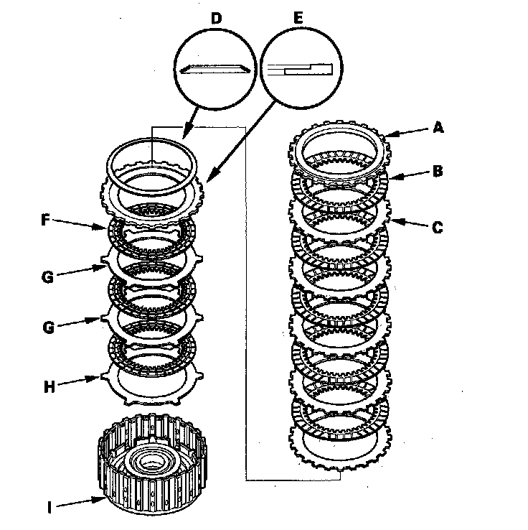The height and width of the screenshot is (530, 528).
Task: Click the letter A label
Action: tap(438, 128)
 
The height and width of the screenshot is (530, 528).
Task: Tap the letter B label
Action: tap(438, 171)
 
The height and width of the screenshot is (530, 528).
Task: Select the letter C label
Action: tap(438, 227)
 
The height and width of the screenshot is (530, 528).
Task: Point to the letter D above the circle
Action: tap(217, 18)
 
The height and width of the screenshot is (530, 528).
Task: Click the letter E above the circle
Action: tap(298, 17)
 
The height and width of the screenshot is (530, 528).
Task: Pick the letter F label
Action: tap(46, 220)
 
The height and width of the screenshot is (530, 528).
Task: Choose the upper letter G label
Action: tap(47, 276)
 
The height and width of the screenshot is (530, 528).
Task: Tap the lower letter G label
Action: tap(49, 327)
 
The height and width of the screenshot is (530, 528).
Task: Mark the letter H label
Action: tap(49, 386)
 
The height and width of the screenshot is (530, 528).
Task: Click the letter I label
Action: tap(49, 507)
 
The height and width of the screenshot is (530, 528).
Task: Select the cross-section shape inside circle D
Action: tap(215, 69)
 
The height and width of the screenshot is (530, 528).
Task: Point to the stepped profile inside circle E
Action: tap(301, 69)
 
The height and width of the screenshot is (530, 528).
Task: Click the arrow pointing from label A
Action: tap(407, 132)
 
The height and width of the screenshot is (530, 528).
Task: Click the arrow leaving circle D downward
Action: tap(190, 124)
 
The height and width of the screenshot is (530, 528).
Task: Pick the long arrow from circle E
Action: tap(241, 143)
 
